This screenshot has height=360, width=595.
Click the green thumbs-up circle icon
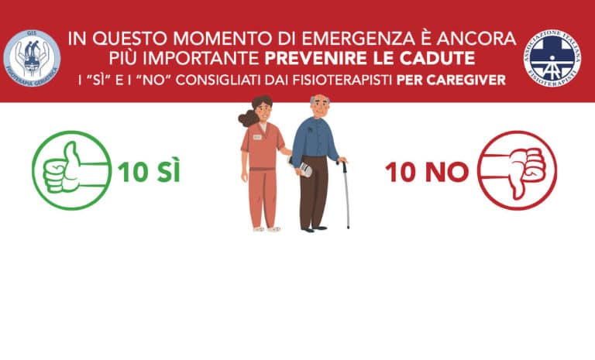click(x=71, y=170)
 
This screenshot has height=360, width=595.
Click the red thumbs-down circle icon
click(x=517, y=170)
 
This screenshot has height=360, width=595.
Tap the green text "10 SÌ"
click(x=150, y=172)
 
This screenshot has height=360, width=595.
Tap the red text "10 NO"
click(x=427, y=172)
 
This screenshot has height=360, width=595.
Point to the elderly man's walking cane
click(x=346, y=194)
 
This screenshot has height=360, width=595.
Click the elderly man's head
click(x=319, y=105)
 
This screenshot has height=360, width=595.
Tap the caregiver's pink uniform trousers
click(x=263, y=197)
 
